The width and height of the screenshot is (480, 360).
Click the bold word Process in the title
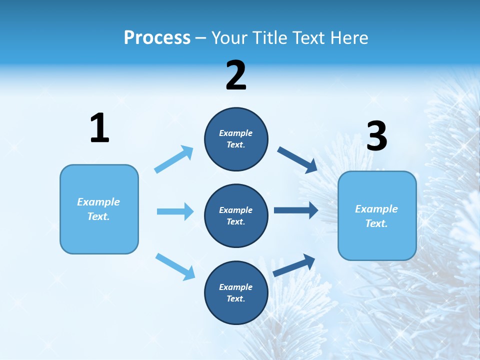157,38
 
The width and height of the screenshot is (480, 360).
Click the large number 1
99,128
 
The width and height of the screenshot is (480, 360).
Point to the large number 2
236,76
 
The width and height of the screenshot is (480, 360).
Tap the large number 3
376,136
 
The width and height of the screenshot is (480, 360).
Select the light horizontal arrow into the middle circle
175,211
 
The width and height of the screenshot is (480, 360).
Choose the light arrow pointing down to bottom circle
175,266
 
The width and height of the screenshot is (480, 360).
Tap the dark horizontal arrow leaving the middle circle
295,210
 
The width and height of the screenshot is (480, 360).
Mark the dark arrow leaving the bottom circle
294,265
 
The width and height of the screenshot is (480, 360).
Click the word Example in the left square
98,202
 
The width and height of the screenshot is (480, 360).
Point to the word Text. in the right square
376,223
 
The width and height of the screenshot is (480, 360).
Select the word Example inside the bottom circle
236,287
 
